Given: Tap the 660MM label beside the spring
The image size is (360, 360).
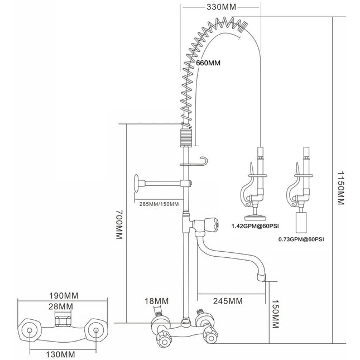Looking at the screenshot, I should point(208,63).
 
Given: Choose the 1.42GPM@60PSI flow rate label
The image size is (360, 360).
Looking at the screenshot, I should point(255,227).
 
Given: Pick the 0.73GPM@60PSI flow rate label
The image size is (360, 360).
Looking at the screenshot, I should point(301,239).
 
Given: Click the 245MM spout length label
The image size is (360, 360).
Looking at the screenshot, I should point(228,301).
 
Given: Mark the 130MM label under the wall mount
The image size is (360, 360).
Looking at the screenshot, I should point(60,353).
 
